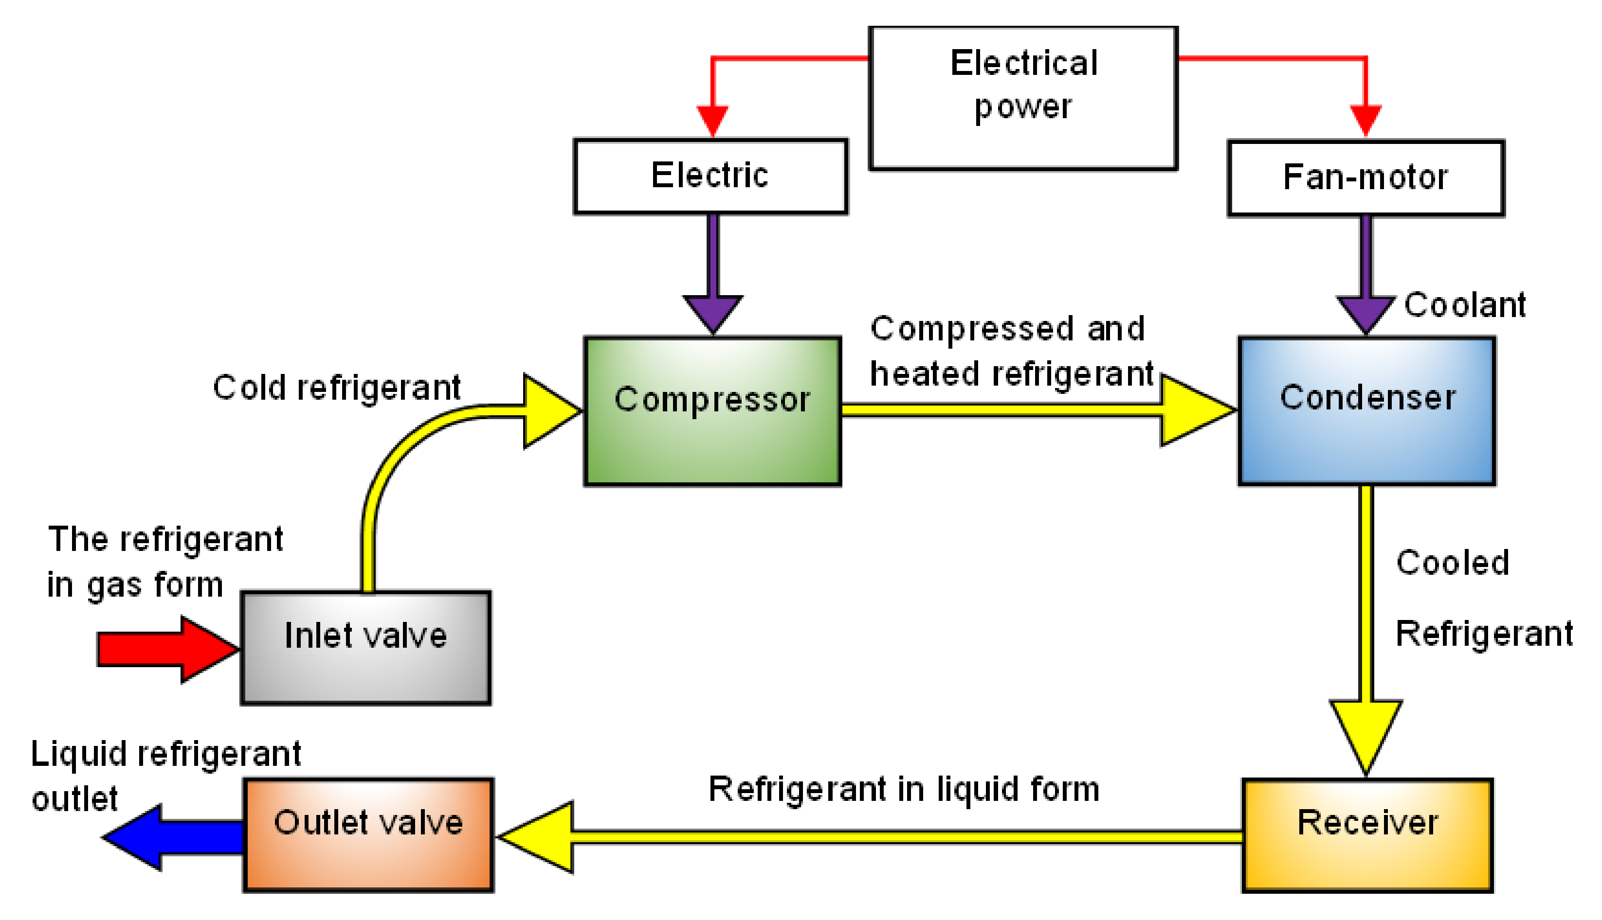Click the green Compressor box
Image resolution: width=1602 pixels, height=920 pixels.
(712, 411)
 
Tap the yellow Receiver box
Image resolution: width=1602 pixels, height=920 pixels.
(1367, 835)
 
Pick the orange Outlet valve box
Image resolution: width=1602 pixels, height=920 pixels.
(368, 835)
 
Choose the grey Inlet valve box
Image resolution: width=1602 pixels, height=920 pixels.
(365, 648)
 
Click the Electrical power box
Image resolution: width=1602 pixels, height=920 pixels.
(1023, 98)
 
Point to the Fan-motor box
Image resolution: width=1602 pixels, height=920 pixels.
(1365, 178)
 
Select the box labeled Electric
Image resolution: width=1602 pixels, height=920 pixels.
(710, 177)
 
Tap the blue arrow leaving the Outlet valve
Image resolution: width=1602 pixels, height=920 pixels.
(171, 837)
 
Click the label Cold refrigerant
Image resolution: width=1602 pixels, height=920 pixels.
(336, 388)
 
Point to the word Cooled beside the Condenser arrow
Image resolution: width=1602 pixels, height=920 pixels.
(1452, 563)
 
